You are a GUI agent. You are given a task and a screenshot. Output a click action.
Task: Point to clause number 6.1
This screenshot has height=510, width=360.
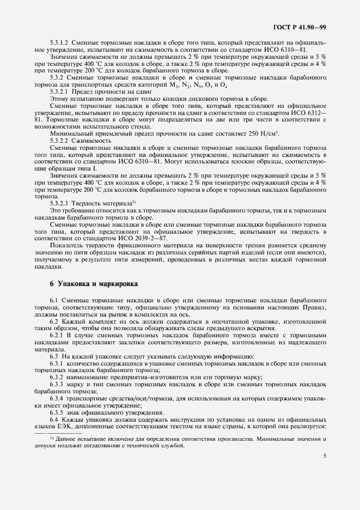(54, 301)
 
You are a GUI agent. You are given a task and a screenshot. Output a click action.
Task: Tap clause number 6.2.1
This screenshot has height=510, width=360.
(58, 336)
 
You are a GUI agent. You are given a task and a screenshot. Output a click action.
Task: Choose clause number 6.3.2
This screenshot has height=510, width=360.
(58, 378)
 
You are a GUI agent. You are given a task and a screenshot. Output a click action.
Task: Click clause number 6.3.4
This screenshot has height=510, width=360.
(58, 399)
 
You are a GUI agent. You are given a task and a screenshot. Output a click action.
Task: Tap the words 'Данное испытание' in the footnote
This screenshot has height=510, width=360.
(77, 439)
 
